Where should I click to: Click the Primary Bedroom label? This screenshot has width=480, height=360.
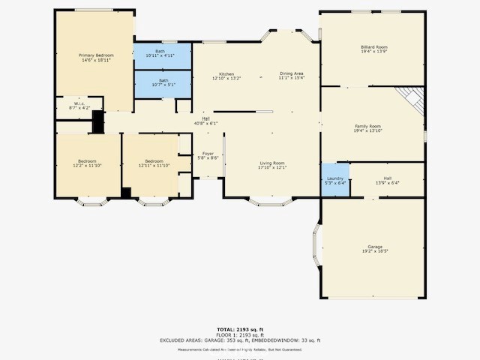97,56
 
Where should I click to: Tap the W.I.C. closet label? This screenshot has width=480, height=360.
79,104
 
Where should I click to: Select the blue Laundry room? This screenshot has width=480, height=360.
335,180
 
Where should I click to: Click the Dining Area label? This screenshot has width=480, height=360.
292,73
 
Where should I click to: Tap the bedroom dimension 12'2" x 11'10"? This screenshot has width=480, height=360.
87,166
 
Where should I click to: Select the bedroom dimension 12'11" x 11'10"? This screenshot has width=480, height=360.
154,166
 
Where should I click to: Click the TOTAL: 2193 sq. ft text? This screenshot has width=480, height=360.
239,329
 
